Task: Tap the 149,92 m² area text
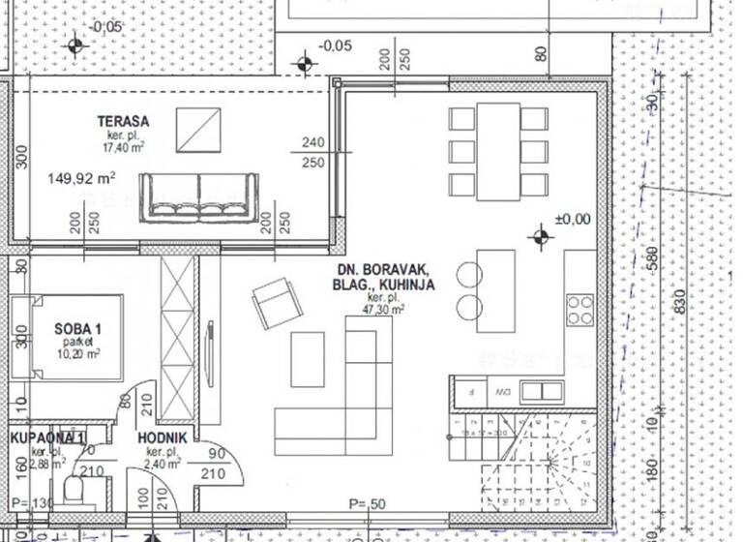81,178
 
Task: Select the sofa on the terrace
200,197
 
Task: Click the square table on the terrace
198,129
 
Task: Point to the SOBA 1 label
78,330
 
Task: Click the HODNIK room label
162,437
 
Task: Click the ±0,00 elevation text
572,220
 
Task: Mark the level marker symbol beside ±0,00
539,236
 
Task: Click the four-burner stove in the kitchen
580,310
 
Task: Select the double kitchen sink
541,391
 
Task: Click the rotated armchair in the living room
277,303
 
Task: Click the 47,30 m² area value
384,310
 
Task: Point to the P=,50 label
368,503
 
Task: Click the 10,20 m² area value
78,354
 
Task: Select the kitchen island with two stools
496,289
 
